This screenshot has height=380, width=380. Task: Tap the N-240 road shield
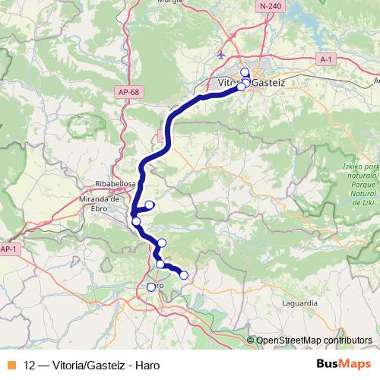point(269,6)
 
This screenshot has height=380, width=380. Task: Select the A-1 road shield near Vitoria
point(325,59)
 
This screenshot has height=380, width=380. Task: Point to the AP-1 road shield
point(8,249)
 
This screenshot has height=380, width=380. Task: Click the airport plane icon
point(221,55)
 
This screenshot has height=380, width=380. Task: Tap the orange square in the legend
point(11,365)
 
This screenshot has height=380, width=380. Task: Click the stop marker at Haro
point(150,287)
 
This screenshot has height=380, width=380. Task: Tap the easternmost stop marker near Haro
point(183,275)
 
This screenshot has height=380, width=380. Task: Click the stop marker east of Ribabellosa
point(150,204)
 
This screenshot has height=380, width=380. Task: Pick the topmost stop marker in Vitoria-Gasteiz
point(245,73)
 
